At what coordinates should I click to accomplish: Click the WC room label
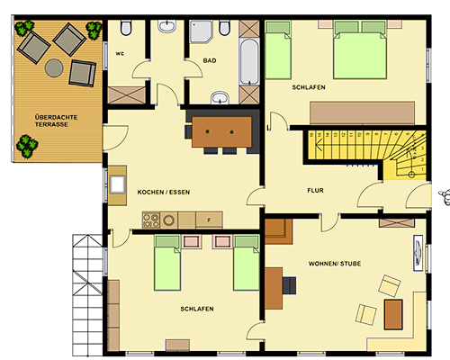[x=120, y=54]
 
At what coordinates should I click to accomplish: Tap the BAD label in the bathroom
[x=210, y=60]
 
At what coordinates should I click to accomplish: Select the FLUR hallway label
[x=315, y=191]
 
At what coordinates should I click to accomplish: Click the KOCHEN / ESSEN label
[x=164, y=192]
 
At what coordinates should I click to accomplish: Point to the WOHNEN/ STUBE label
[x=335, y=264]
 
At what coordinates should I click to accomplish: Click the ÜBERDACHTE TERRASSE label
[x=56, y=121]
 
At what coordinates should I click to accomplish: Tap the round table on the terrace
[x=54, y=68]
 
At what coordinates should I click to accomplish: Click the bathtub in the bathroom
[x=249, y=61]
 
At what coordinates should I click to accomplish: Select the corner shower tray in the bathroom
[x=201, y=31]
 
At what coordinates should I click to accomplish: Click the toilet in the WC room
[x=126, y=28]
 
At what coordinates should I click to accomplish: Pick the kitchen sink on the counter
[x=117, y=184]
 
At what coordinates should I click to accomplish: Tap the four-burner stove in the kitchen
[x=151, y=220]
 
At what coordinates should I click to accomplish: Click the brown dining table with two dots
[x=221, y=132]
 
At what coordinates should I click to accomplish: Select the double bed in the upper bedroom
[x=360, y=49]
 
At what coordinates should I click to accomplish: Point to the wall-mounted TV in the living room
[x=418, y=253]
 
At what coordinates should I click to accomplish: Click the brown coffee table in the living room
[x=393, y=314]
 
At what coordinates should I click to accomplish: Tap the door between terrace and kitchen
[x=115, y=139]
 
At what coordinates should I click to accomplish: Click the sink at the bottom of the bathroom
[x=220, y=98]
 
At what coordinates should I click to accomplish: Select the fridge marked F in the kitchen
[x=209, y=220]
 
